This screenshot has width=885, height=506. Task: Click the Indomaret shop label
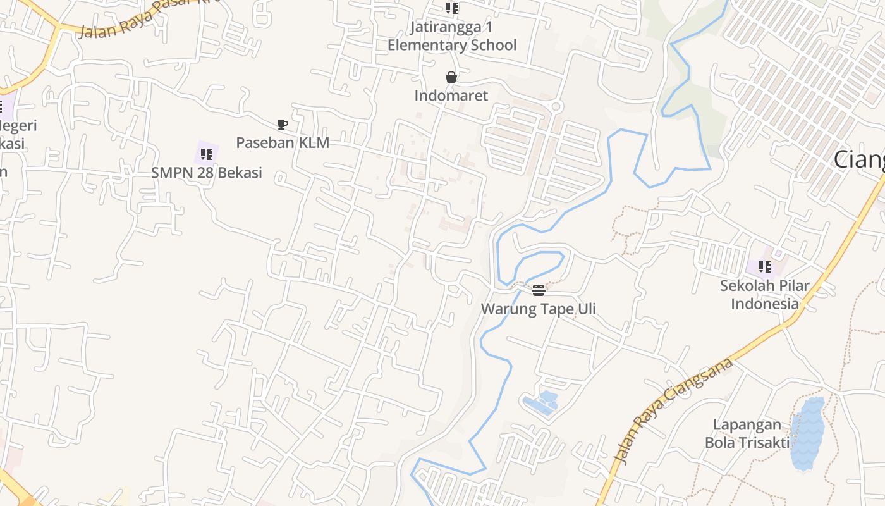pos(451,96)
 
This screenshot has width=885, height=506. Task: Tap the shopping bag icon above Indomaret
pos(451,77)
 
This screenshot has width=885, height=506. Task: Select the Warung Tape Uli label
pos(538,309)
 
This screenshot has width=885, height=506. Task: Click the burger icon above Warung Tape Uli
pos(539,290)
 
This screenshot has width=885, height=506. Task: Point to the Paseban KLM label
pos(283,142)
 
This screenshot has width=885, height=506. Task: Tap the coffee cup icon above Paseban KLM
pos(282,124)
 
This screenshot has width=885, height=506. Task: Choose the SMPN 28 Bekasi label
pos(206,172)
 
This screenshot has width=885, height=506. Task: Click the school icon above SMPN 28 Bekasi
pos(207,154)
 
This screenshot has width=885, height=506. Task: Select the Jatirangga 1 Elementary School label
pos(451,36)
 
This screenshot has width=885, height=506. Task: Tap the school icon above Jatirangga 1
pos(451,8)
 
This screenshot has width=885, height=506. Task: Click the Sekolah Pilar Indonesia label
pos(764,294)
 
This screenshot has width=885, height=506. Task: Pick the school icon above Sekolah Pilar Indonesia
pos(764,267)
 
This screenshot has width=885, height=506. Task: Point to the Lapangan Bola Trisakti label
pos(747,433)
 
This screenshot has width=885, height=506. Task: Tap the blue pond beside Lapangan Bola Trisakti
pos(808,434)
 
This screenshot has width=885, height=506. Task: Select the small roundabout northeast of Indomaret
pos(556,107)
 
